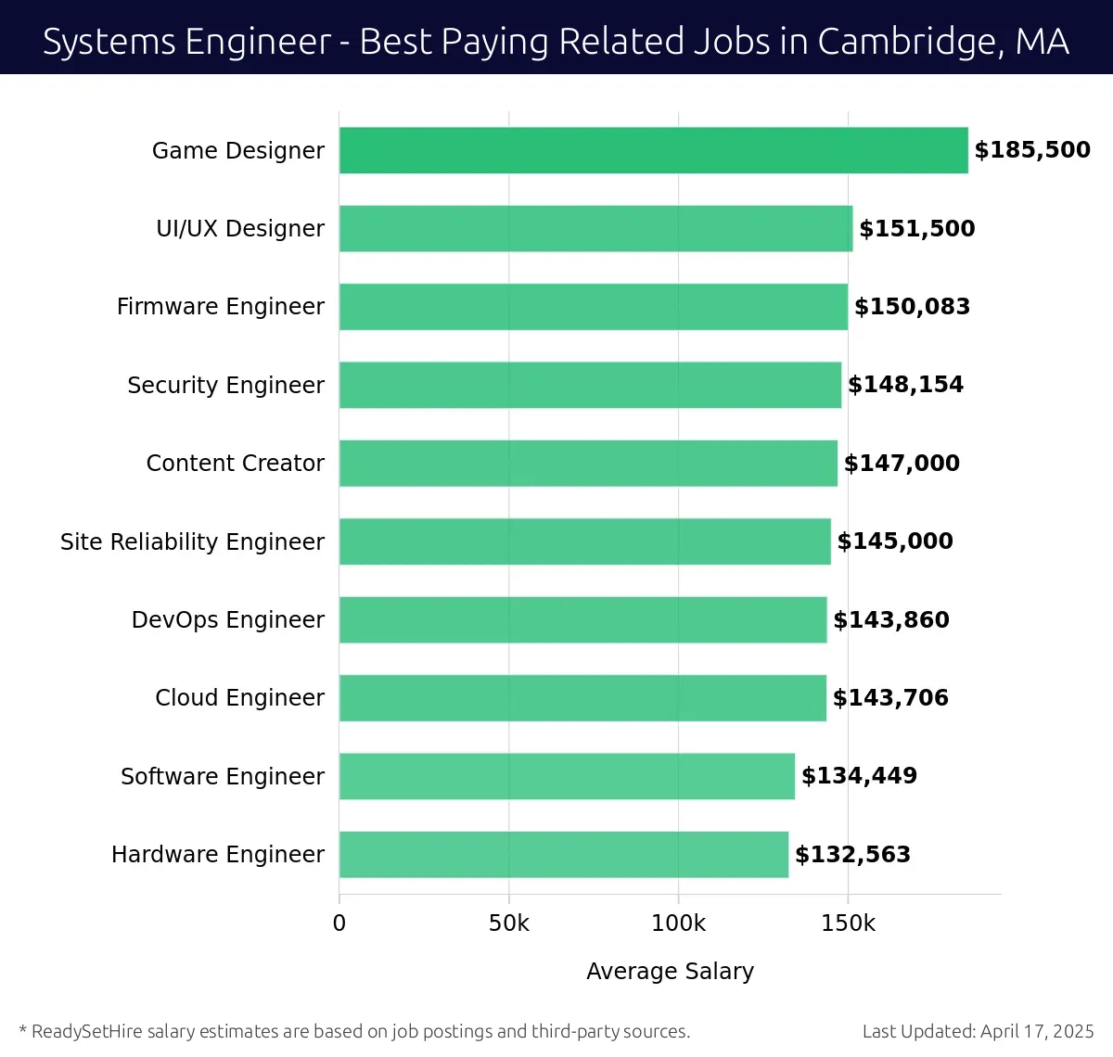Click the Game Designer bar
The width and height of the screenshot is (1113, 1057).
(x=653, y=150)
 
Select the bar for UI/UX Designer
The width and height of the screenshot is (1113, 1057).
(x=595, y=228)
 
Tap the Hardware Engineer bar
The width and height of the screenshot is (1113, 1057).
(x=563, y=854)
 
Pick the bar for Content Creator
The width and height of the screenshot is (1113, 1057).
(x=588, y=463)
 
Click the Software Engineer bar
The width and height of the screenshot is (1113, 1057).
(x=567, y=776)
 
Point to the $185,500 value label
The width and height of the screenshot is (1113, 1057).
(x=1032, y=150)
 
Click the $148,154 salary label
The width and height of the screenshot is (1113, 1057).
(x=905, y=385)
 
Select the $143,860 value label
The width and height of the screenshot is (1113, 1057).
(x=890, y=619)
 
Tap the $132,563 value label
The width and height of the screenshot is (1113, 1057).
(x=852, y=854)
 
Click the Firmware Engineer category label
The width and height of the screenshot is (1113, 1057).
(x=221, y=307)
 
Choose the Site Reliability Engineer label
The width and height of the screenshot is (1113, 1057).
(x=192, y=541)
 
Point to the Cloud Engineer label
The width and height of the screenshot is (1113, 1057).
(x=239, y=697)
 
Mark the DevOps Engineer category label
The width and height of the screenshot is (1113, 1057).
(x=228, y=619)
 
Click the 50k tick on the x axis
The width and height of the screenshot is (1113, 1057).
(x=508, y=923)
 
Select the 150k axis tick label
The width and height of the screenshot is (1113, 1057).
(x=848, y=923)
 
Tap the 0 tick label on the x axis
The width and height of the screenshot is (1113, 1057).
(x=339, y=923)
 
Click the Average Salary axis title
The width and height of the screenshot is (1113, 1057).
(x=670, y=971)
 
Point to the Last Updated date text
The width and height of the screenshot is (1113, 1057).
(x=978, y=1031)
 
